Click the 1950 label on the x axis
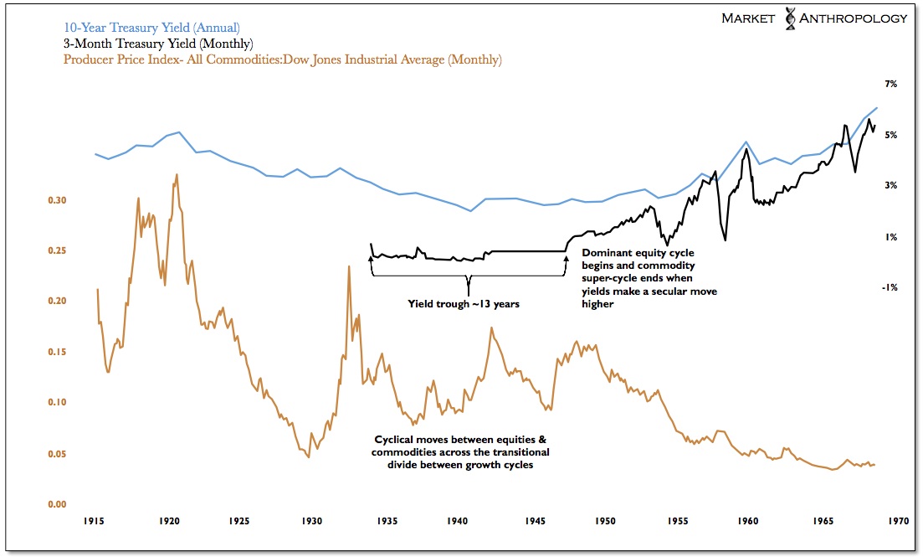click(603, 521)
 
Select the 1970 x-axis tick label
click(895, 521)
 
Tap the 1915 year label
click(94, 521)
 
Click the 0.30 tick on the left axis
click(57, 200)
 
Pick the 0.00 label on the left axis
click(57, 504)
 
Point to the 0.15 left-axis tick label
click(57, 352)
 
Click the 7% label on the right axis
click(892, 85)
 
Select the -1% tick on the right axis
click(890, 287)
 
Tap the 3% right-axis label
click(892, 186)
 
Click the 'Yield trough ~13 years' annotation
click(464, 304)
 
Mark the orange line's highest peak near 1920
click(176, 175)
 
